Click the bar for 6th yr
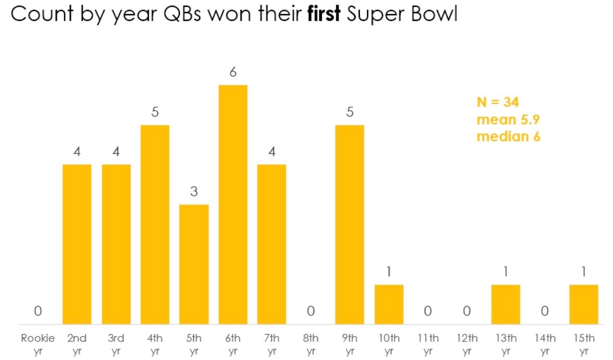point(233,204)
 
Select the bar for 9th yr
point(349,224)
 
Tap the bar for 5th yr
point(194,264)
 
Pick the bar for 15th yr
point(583,304)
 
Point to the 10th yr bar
point(389,304)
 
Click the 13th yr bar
point(505,304)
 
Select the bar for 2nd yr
point(77,245)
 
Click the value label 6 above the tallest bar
point(233,72)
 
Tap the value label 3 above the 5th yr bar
point(194,192)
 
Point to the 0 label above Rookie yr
point(38,311)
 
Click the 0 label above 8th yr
point(311,311)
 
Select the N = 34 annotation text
point(498,102)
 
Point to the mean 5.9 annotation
point(508,120)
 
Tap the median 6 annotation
point(508,137)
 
